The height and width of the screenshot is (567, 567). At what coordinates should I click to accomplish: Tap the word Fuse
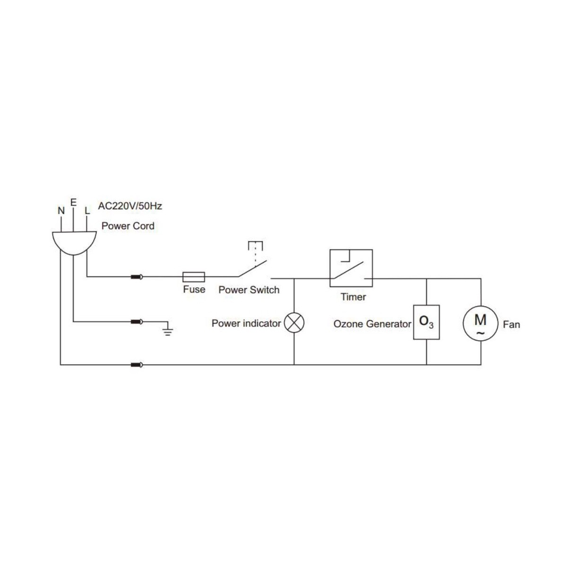click(194, 290)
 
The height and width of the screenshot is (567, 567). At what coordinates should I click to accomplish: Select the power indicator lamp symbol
click(294, 323)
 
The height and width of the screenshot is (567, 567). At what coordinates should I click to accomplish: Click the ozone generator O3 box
click(426, 322)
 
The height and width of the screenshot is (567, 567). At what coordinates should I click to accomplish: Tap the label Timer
click(353, 297)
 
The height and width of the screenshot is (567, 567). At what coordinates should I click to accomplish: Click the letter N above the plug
click(61, 211)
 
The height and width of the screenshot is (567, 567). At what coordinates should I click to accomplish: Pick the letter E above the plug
click(73, 202)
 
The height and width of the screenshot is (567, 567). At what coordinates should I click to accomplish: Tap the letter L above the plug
click(87, 211)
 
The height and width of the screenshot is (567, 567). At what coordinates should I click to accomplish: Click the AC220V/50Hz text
click(130, 206)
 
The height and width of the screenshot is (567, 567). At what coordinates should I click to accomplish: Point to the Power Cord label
click(128, 226)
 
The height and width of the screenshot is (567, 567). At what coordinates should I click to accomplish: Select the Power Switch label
click(249, 290)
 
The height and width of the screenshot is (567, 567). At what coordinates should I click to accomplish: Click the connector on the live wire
click(137, 277)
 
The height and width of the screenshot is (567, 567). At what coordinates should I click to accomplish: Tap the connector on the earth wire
click(137, 322)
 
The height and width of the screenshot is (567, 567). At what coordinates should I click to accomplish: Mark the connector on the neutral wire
click(137, 365)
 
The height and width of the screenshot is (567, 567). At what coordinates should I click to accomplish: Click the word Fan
click(511, 325)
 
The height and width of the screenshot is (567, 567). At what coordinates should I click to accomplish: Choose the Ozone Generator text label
click(372, 324)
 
